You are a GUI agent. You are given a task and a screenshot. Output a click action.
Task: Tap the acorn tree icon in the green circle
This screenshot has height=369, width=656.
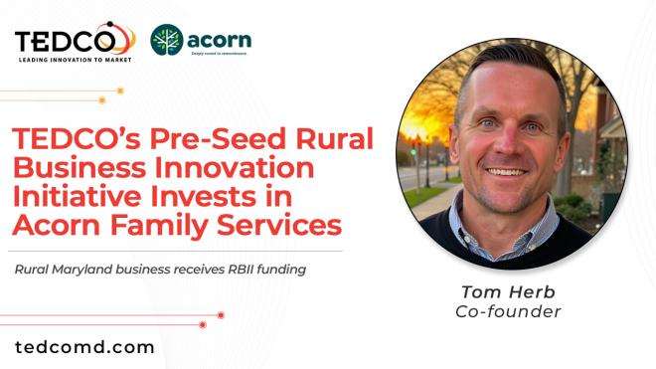tap(166, 40)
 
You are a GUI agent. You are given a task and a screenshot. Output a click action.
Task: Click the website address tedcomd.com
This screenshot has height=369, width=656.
tap(84, 347)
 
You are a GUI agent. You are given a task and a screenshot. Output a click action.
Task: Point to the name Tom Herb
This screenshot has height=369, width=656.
tap(508, 291)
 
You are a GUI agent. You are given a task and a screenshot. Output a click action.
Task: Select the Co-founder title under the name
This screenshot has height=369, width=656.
tap(508, 311)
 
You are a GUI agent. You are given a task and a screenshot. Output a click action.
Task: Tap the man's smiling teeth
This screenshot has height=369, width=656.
tap(508, 170)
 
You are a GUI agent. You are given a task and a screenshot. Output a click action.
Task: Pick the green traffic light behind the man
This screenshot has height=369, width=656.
tap(414, 148)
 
